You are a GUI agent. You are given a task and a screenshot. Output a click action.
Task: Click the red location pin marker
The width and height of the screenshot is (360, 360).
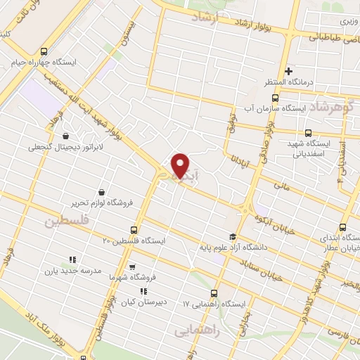click(181, 165)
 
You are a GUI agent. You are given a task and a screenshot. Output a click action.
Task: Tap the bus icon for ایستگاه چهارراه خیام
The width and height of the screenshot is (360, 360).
click(45, 51)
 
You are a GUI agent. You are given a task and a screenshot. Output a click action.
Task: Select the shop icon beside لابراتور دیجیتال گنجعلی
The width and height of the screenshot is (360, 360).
click(65, 136)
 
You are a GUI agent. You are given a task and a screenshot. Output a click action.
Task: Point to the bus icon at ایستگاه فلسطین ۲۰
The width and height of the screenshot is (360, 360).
click(134, 230)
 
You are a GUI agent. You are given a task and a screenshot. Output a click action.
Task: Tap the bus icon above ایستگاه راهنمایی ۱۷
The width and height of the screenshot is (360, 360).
click(214, 294)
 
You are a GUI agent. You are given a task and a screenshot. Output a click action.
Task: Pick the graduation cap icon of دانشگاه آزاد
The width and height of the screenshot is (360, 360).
click(233, 236)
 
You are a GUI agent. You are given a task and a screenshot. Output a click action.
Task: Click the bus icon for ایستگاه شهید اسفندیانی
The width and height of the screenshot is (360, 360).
click(307, 133)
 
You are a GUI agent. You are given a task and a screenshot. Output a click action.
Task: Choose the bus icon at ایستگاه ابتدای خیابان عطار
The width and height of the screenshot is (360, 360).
click(342, 227)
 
